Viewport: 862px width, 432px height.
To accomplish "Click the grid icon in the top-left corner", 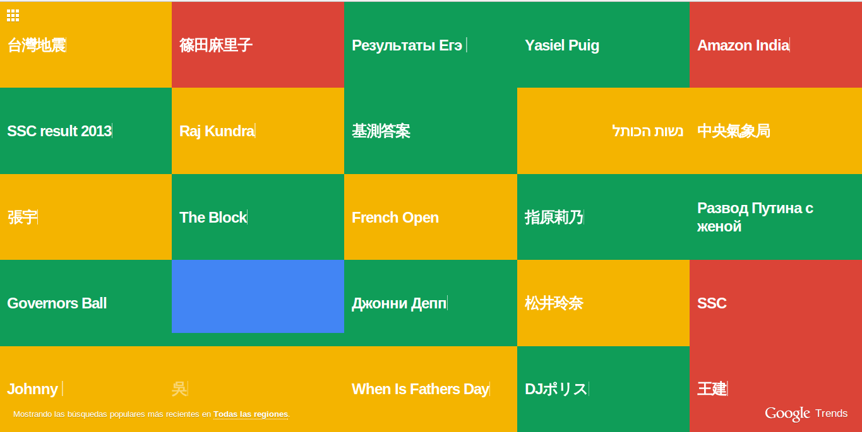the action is tap(13, 15).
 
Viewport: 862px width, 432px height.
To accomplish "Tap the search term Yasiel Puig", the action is tap(562, 45).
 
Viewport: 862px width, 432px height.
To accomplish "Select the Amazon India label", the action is tap(743, 45).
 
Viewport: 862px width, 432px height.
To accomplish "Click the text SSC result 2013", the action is tap(59, 131).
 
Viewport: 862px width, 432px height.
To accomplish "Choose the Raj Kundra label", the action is tap(217, 131).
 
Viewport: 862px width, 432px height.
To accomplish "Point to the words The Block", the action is tap(213, 218).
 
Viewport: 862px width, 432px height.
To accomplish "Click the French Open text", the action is tap(395, 218).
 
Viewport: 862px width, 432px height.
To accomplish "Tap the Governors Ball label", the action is tap(57, 303).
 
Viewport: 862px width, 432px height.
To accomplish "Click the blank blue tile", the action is tap(258, 296).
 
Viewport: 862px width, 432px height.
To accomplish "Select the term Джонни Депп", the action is tap(399, 303).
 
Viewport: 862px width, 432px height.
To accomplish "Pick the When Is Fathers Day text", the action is tap(421, 389).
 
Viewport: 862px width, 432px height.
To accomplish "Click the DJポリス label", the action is tap(556, 389).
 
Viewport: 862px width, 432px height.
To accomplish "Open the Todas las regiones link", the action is tap(251, 414).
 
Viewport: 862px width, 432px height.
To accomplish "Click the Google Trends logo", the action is tap(806, 414).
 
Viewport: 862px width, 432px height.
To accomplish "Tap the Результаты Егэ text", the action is tap(407, 45).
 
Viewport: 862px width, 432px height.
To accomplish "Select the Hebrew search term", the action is tap(648, 131).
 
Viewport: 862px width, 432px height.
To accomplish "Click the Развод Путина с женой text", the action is tap(755, 217).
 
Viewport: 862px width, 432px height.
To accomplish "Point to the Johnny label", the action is tap(32, 389).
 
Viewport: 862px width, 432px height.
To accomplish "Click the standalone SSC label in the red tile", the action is tap(712, 303).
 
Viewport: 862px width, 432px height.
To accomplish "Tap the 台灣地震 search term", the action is tap(37, 45).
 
